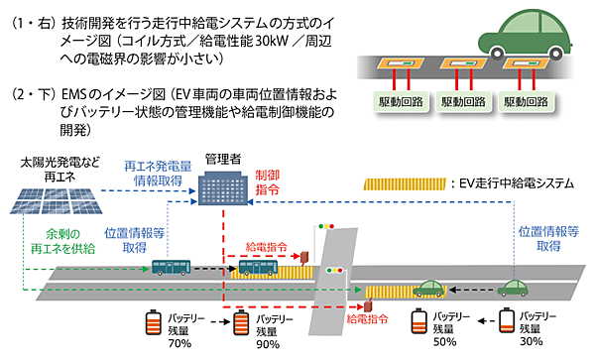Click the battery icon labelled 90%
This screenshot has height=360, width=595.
click(239, 324)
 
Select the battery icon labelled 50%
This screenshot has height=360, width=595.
click(416, 322)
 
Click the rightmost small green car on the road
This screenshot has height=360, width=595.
click(515, 289)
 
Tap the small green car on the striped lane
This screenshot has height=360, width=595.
click(427, 289)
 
